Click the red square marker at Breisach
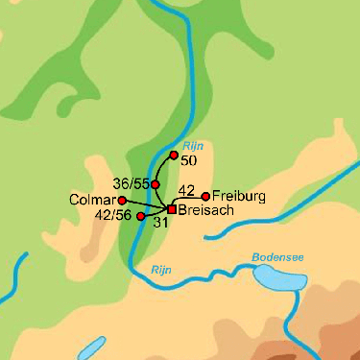point(171,208)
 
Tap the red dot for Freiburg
point(205,196)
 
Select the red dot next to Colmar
point(122,201)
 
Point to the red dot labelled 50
point(174,155)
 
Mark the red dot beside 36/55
point(156,183)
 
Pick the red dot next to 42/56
point(141,217)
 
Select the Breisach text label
point(204,210)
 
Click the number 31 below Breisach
point(161,223)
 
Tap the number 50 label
point(188,160)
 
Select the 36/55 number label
point(130,182)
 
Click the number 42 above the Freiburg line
point(187,190)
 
